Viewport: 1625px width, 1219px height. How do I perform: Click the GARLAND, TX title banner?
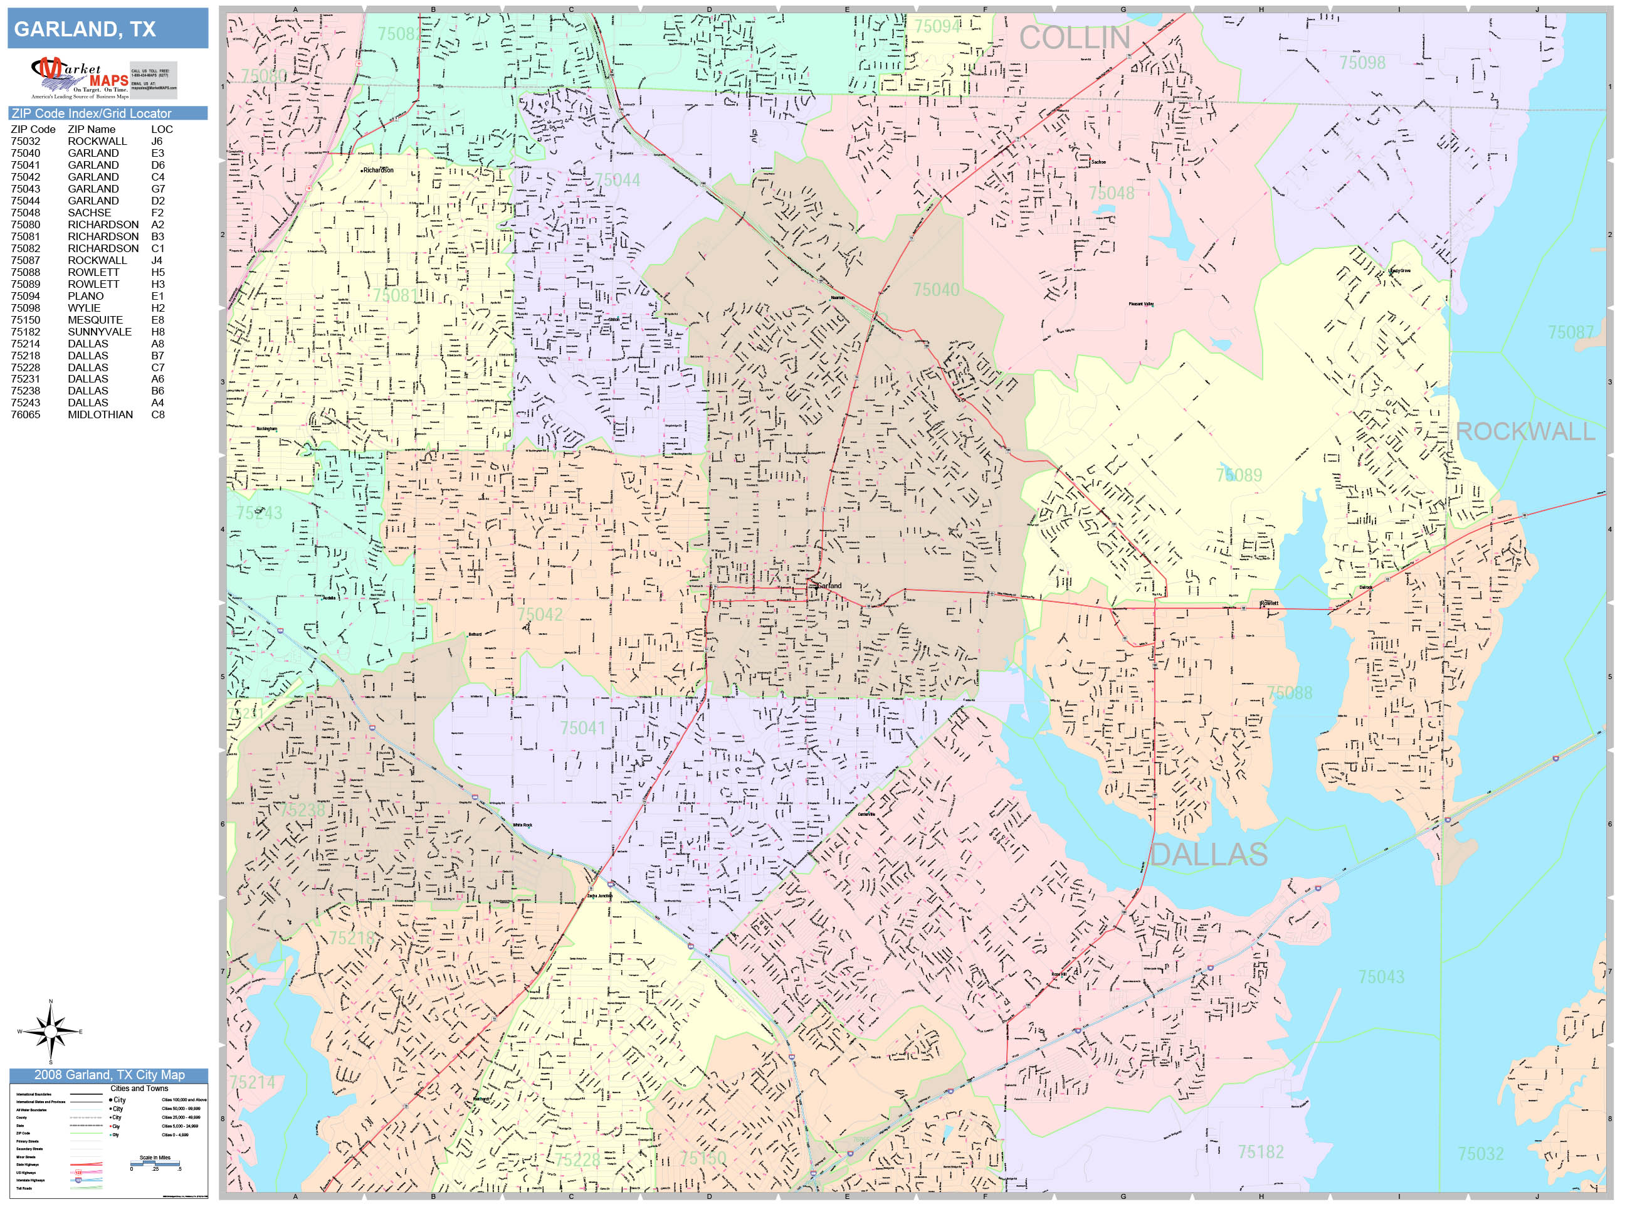(x=107, y=29)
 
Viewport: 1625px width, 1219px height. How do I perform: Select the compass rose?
(x=51, y=1031)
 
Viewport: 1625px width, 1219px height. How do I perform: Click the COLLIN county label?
(x=1074, y=38)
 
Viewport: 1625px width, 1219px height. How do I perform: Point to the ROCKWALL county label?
(x=1525, y=431)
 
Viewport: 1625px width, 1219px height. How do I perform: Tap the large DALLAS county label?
(x=1209, y=855)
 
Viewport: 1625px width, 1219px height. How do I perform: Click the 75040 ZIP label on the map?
(x=936, y=290)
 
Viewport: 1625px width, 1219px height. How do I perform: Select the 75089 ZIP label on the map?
(x=1239, y=475)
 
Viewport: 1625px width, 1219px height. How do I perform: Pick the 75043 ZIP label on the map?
(x=1381, y=976)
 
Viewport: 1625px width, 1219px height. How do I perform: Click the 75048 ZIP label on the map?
(x=1111, y=193)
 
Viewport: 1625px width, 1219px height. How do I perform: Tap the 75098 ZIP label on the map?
(x=1362, y=63)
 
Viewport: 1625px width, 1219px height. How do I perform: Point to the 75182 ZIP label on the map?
(x=1261, y=1151)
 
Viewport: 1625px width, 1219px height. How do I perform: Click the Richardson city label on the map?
(x=378, y=170)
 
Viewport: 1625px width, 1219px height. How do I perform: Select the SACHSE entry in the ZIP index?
(x=90, y=213)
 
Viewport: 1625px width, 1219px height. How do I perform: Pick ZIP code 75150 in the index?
(x=26, y=320)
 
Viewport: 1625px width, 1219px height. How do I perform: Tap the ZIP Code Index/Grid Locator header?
(x=91, y=113)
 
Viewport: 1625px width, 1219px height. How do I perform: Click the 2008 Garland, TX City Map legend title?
(x=108, y=1074)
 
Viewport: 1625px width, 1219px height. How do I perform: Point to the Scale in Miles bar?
(x=155, y=1163)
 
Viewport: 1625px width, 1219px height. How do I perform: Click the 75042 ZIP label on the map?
(x=539, y=615)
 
